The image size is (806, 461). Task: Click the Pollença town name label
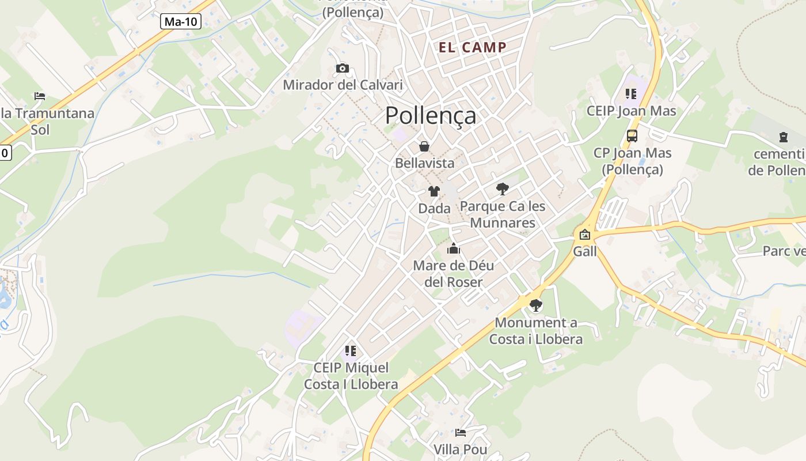tap(431, 115)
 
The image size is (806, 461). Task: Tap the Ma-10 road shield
tap(180, 22)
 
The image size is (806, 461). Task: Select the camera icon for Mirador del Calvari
tap(343, 69)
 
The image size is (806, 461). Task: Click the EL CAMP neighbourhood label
tap(473, 47)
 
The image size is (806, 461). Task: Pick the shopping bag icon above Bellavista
tap(424, 146)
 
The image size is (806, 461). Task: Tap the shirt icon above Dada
tap(434, 191)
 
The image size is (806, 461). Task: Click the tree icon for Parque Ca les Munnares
tap(503, 188)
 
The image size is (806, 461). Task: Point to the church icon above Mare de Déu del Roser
tap(454, 249)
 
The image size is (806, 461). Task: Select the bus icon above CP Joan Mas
tap(632, 136)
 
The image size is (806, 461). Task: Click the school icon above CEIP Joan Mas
tap(631, 93)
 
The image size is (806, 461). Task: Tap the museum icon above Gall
tap(585, 235)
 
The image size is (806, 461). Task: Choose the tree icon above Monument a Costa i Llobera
tap(536, 305)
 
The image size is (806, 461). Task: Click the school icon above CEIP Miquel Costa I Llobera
tap(351, 350)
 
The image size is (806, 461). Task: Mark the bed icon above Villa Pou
tap(461, 432)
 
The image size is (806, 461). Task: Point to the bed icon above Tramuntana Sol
tap(40, 96)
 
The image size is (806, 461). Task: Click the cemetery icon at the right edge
tap(783, 137)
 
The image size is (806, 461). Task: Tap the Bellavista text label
tap(424, 163)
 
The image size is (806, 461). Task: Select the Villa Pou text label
tap(461, 449)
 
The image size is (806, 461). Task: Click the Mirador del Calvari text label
tap(343, 85)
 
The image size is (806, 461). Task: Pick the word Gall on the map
tap(585, 251)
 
